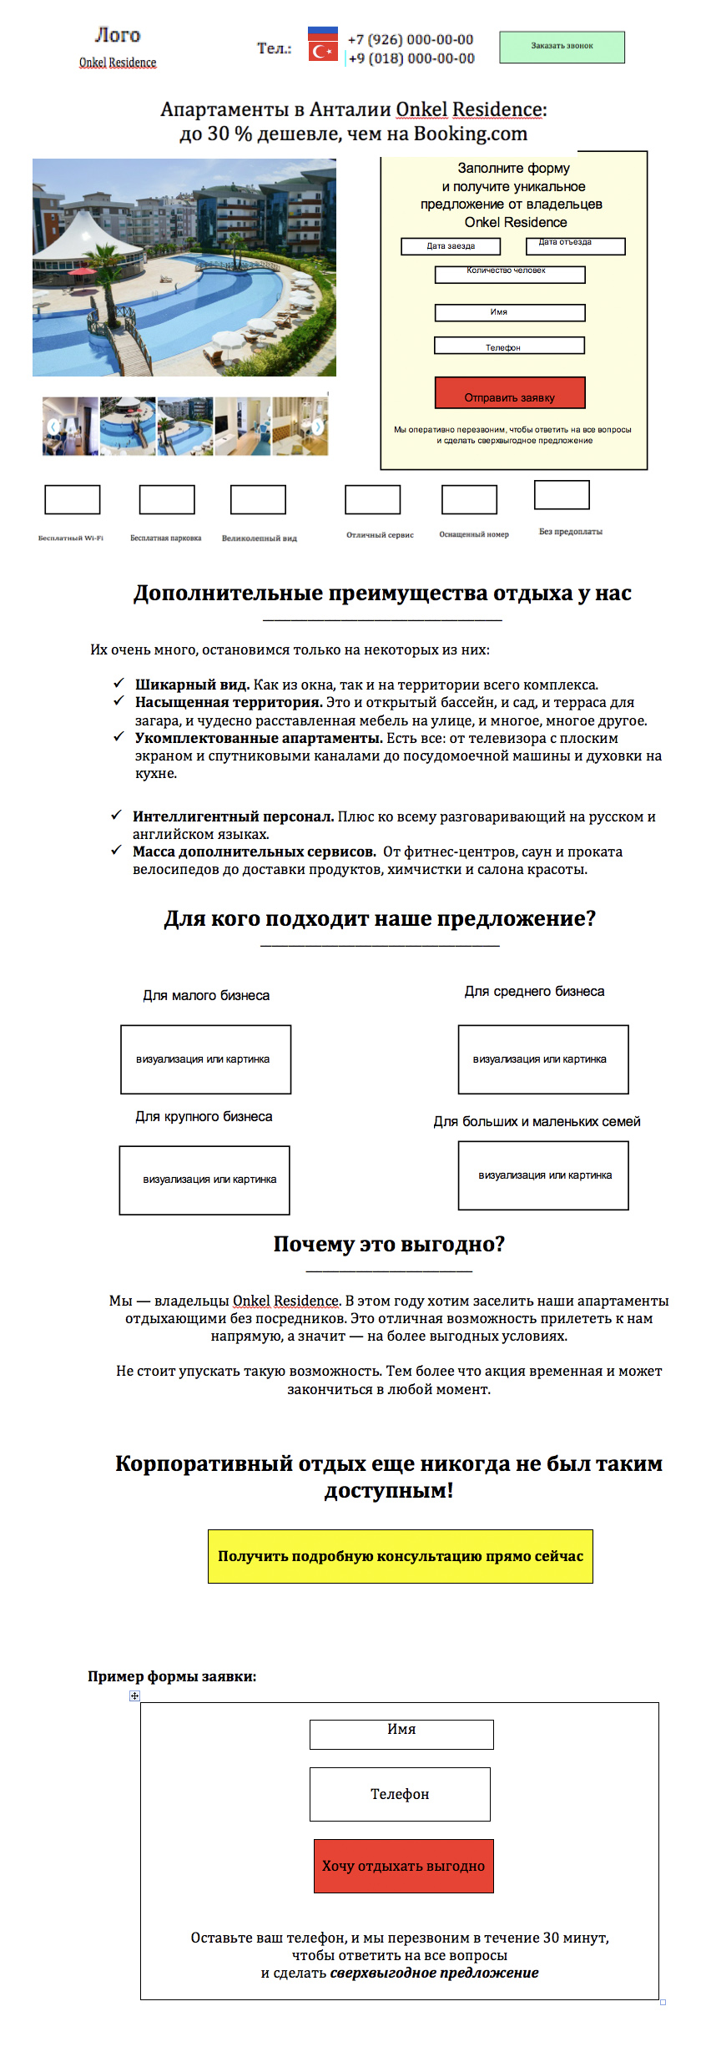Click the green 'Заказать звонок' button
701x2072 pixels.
click(562, 47)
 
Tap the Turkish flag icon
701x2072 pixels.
click(322, 52)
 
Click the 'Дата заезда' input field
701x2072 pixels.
click(451, 246)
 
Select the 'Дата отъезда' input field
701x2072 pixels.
click(575, 246)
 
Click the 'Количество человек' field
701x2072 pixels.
click(509, 275)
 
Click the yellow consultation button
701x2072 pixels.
click(400, 1555)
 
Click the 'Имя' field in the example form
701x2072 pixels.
click(401, 1734)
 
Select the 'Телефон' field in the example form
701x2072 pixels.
click(400, 1794)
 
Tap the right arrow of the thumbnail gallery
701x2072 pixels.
click(317, 427)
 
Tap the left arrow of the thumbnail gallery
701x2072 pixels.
click(53, 427)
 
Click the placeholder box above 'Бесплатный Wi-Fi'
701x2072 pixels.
click(72, 499)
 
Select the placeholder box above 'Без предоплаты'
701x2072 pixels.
click(562, 494)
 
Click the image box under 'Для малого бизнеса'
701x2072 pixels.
click(205, 1059)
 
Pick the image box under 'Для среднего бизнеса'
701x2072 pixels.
click(542, 1059)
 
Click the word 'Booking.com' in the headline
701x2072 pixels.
click(471, 134)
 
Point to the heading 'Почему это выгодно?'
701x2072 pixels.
click(389, 1244)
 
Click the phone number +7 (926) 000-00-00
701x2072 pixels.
click(411, 39)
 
